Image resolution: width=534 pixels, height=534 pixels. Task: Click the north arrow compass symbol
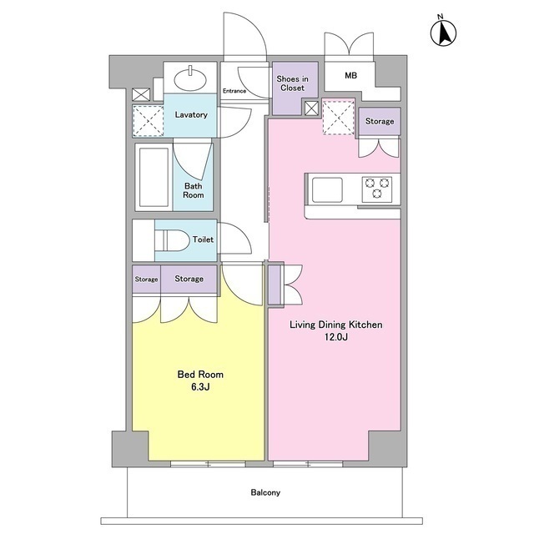(x=443, y=33)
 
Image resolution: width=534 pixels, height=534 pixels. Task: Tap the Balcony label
(x=265, y=492)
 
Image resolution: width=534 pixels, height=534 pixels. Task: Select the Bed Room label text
(x=200, y=375)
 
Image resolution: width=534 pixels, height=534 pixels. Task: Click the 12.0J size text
(x=335, y=337)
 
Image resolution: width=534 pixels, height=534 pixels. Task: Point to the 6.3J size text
(x=200, y=387)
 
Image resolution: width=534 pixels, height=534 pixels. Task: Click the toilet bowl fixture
(x=172, y=239)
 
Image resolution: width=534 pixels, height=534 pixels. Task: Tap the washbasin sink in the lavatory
(x=190, y=79)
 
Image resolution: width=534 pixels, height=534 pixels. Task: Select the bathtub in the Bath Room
(x=154, y=177)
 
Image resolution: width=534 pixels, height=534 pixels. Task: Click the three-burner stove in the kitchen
(x=376, y=189)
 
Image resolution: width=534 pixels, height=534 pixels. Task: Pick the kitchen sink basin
(x=327, y=189)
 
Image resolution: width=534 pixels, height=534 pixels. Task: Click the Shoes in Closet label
(x=293, y=83)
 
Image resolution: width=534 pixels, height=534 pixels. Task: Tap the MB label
(x=350, y=76)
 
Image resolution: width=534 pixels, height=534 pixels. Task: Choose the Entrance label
(x=234, y=91)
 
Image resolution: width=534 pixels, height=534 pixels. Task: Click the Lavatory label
(x=191, y=114)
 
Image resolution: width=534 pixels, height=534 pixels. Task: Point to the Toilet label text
(x=203, y=239)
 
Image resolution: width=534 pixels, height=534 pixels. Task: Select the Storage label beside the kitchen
(x=380, y=121)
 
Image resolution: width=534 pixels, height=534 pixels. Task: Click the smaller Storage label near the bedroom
(x=147, y=280)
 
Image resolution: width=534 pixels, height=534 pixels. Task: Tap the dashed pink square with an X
(x=339, y=118)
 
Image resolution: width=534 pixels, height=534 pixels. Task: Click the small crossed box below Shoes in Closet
(x=311, y=108)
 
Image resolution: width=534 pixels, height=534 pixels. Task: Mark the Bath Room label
(x=194, y=190)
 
